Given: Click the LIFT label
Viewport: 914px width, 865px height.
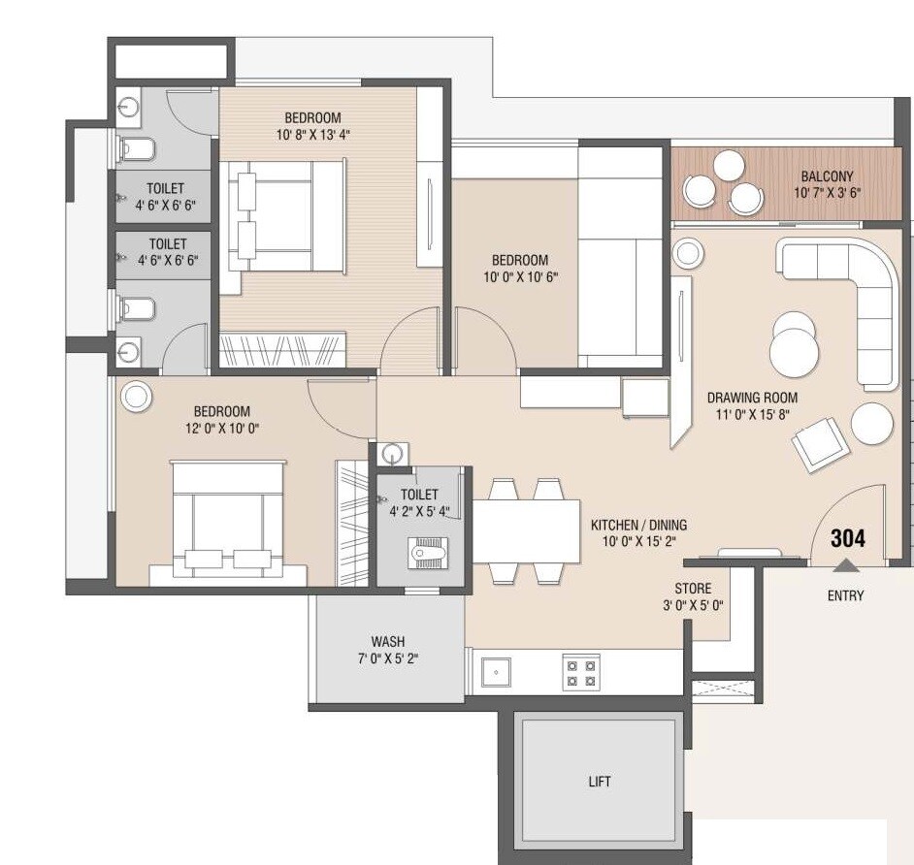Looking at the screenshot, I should click(600, 781).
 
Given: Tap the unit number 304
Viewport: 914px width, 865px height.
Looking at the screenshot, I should click(847, 539).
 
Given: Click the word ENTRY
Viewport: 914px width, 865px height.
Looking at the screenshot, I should click(845, 595).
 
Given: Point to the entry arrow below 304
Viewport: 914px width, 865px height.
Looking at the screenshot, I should click(846, 564).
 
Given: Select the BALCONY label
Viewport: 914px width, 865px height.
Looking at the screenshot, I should click(827, 176).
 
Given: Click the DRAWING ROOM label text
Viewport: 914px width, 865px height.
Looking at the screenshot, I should click(752, 398).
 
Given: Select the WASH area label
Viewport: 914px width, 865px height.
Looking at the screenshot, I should click(388, 641).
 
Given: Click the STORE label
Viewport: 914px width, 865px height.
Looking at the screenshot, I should click(693, 589).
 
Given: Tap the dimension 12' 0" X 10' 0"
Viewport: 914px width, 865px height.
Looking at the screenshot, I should click(221, 428).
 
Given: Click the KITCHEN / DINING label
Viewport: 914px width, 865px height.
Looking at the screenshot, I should click(638, 526).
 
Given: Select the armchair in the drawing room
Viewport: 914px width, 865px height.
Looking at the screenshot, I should click(816, 442).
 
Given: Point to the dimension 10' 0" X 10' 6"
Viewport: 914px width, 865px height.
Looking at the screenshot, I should click(519, 277).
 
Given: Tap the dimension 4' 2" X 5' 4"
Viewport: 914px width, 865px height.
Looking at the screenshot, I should click(419, 511).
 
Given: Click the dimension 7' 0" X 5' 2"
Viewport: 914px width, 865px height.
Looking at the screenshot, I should click(388, 658).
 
